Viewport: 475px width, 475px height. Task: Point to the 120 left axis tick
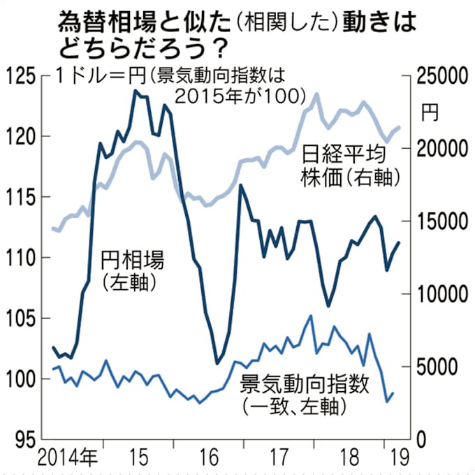20,136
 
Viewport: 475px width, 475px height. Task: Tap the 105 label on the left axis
20,319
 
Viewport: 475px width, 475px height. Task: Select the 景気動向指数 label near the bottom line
304,383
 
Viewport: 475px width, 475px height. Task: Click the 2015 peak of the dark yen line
134,90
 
